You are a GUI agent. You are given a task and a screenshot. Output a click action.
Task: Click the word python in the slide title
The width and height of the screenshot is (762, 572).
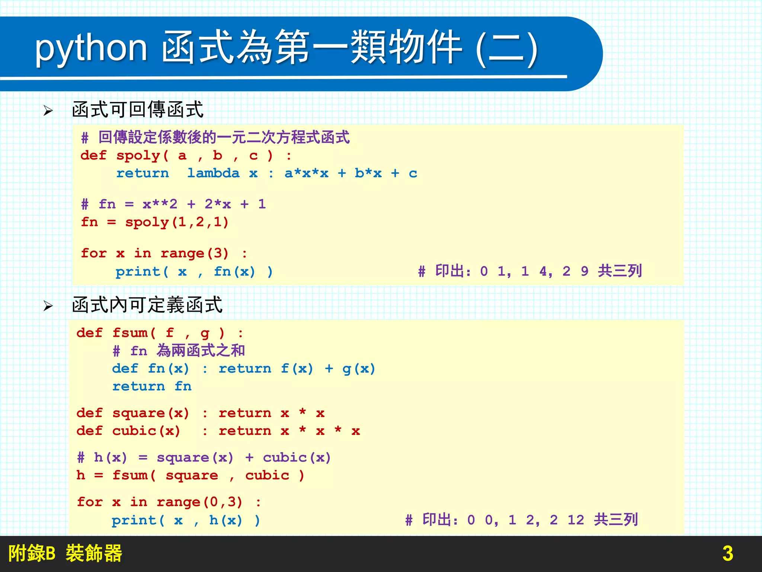[x=91, y=48]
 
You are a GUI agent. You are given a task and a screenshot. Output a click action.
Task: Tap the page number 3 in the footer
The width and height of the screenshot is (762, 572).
[x=727, y=553]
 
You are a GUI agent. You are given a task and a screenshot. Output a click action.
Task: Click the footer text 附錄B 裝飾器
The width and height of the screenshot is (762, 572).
[x=65, y=553]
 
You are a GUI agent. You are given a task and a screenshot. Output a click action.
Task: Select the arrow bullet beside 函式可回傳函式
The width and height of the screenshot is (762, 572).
[x=48, y=111]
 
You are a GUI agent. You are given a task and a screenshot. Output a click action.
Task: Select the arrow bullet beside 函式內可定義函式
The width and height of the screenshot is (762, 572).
[x=48, y=306]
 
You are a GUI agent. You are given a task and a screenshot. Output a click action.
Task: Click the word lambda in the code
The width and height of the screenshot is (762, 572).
[x=213, y=173]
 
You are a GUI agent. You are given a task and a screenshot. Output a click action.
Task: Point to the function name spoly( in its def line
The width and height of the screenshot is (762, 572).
[x=142, y=156]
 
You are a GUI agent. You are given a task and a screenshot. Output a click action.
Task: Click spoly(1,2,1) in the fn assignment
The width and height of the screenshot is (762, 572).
[x=177, y=222]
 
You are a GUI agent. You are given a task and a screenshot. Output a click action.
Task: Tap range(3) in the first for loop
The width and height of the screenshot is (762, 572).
[x=194, y=254]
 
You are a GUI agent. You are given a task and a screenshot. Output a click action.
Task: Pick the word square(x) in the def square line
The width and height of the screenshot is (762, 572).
[x=151, y=413]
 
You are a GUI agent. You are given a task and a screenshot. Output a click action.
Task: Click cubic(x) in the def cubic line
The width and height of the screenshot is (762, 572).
[x=146, y=431]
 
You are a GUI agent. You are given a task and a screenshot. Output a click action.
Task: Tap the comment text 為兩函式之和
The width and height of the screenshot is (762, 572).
[x=201, y=350]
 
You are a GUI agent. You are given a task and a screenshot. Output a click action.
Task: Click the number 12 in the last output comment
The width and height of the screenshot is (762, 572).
[x=576, y=520]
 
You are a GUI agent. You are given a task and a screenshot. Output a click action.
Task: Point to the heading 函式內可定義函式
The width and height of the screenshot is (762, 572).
[x=147, y=305]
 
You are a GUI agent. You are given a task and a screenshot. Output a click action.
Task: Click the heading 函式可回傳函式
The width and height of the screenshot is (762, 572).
[x=138, y=110]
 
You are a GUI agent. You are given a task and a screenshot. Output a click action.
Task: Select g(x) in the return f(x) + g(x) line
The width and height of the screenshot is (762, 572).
[x=359, y=369]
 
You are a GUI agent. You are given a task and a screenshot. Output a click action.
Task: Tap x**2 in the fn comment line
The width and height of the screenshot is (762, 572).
[x=160, y=204]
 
